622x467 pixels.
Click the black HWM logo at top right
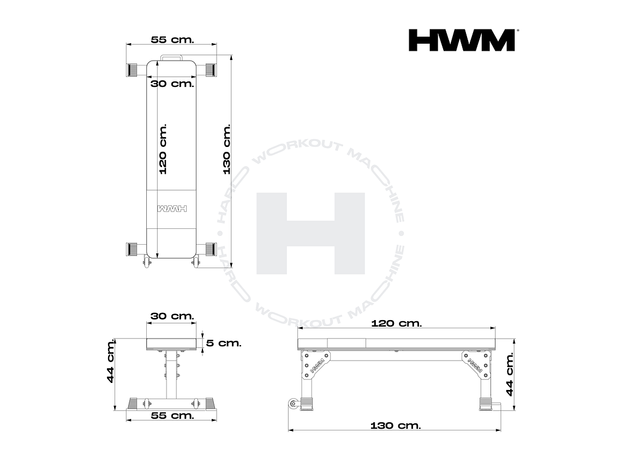tap(462, 40)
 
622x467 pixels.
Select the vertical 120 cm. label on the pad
tap(163, 149)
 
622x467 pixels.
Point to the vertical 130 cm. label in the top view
tap(226, 149)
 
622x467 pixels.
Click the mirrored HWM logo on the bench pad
tap(172, 209)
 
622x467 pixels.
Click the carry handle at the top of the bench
tap(172, 57)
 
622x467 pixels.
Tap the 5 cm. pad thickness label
tap(223, 343)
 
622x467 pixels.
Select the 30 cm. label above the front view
tap(172, 316)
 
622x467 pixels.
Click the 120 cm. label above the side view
tap(397, 323)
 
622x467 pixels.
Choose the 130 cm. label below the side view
tap(396, 425)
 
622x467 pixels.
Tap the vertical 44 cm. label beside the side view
tap(510, 374)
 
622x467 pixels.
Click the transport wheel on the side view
tap(294, 404)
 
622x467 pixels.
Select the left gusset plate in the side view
tap(316, 363)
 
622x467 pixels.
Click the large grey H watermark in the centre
tap(310, 233)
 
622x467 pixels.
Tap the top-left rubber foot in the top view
tap(133, 70)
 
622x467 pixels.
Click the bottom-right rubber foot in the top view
tap(210, 249)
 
